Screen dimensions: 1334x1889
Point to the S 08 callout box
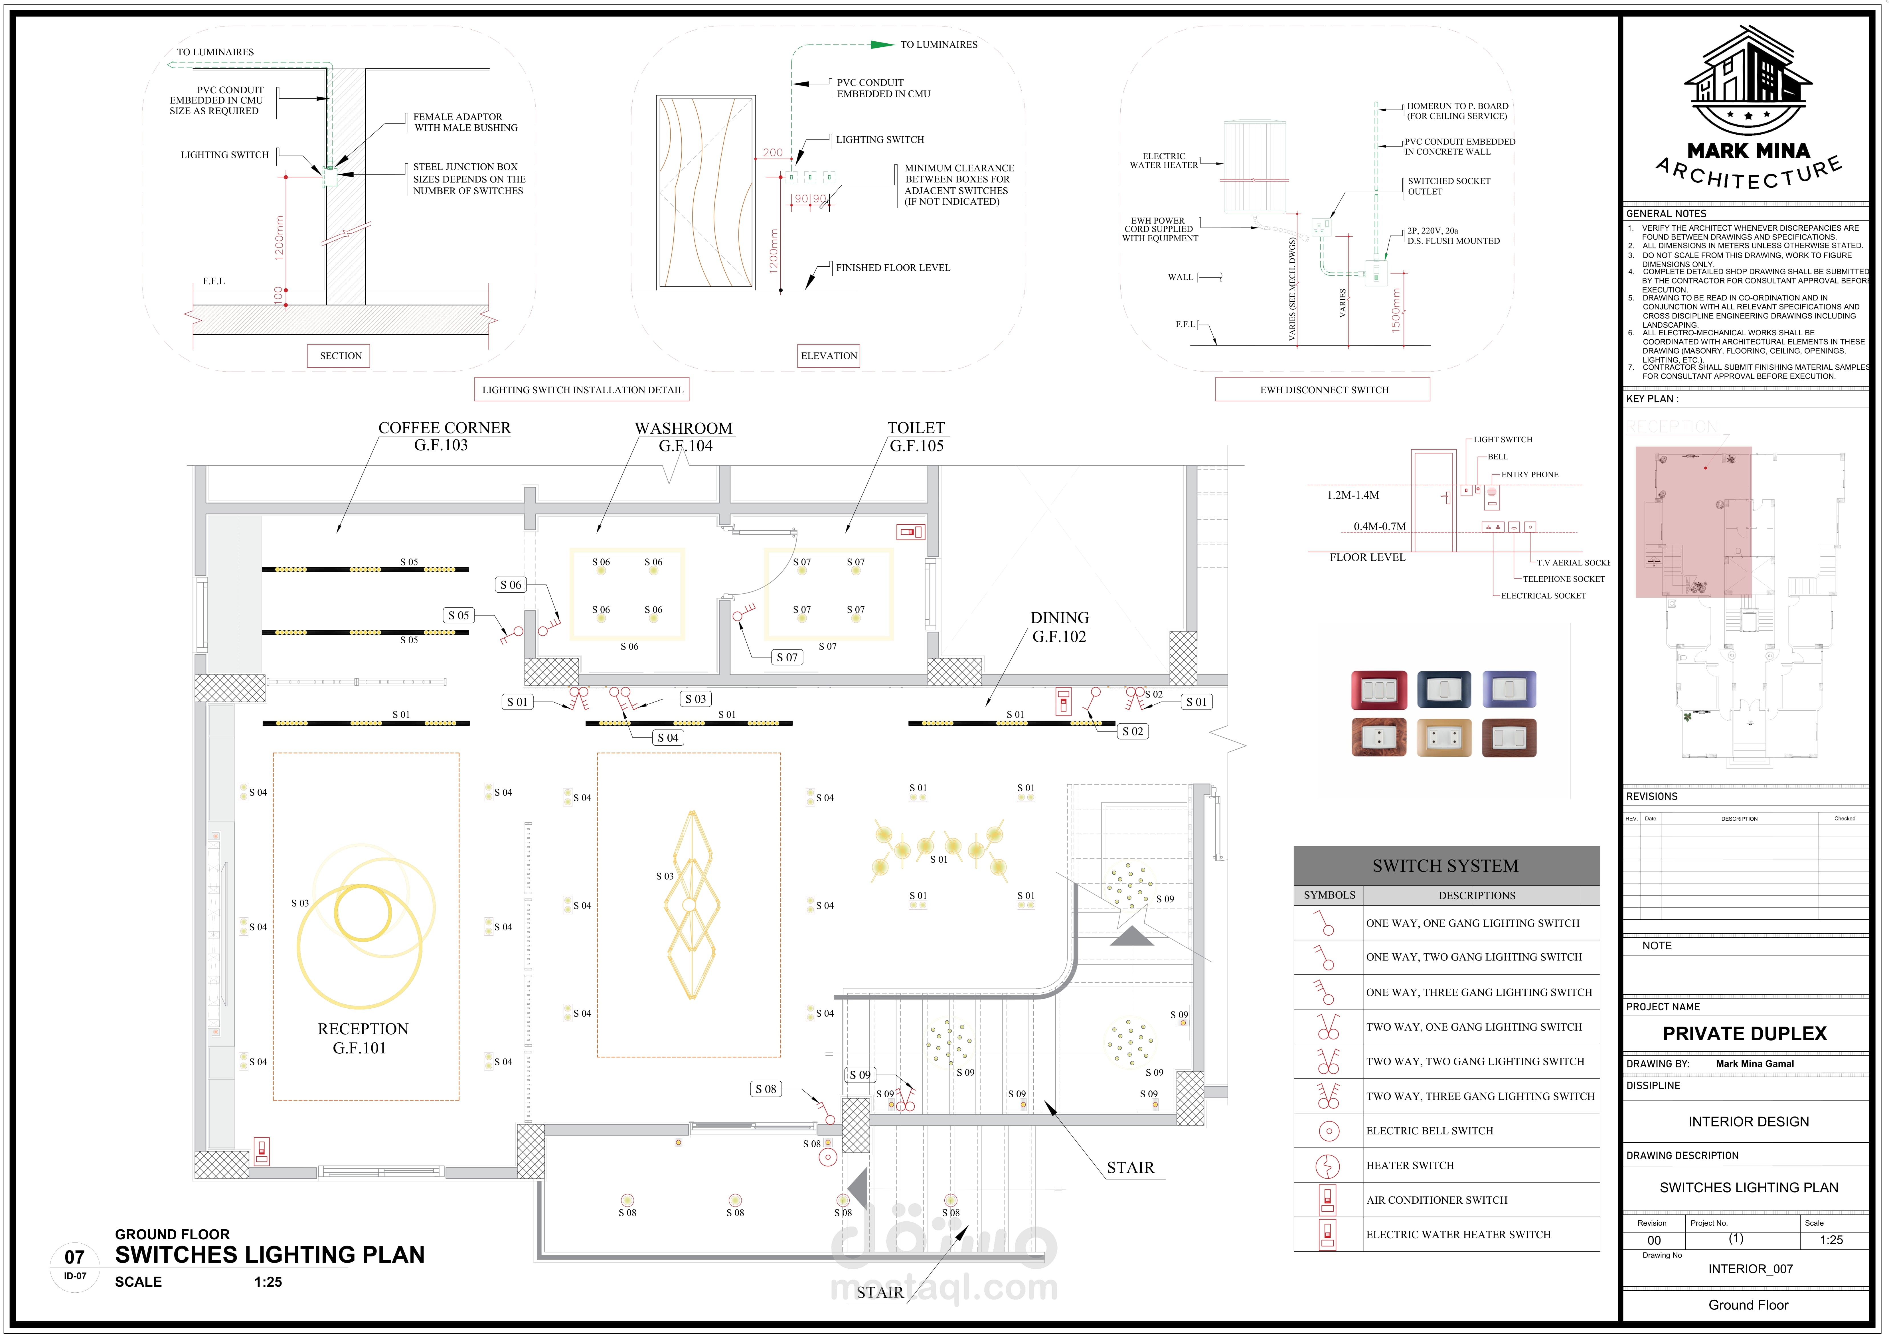click(x=765, y=1089)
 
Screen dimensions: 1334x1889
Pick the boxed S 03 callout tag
click(x=695, y=699)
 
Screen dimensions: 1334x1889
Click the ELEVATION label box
click(x=829, y=356)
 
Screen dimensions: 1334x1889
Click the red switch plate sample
click(x=1379, y=690)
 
